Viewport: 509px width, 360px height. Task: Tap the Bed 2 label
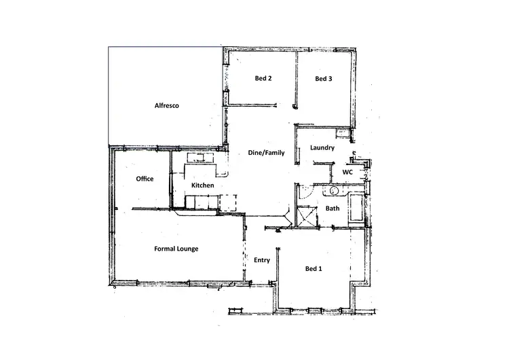[263, 79]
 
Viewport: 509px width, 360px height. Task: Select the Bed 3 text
[324, 79]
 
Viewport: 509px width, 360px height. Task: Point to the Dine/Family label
[265, 153]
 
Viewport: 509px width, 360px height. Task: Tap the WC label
[347, 173]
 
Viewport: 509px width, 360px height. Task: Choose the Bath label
[333, 209]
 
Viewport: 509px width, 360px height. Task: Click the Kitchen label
[202, 185]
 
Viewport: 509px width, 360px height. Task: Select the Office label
[145, 179]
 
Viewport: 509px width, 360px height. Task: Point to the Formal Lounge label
[176, 249]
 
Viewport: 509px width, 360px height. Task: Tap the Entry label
[261, 260]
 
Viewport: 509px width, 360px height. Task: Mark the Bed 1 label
[314, 269]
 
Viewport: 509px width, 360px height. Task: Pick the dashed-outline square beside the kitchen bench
[229, 202]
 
